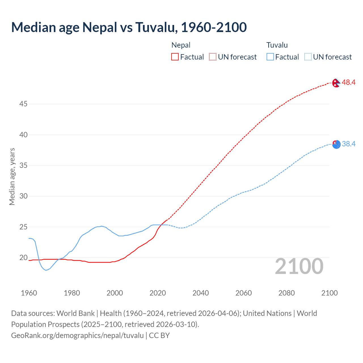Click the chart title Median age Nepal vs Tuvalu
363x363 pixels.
pos(129,28)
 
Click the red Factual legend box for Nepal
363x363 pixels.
pos(175,57)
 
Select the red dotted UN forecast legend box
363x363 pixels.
pos(213,57)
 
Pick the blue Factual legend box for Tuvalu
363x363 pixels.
pos(270,57)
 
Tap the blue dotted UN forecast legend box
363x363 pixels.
pos(308,57)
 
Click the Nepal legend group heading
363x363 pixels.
pos(181,45)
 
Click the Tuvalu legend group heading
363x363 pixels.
pos(277,45)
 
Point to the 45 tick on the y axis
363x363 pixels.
pos(23,104)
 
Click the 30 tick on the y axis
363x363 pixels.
pos(23,196)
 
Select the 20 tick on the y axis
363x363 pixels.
pos(23,258)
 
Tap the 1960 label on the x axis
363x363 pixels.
pos(29,293)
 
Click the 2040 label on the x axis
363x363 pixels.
pos(201,293)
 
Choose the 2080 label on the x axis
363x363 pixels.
pos(286,293)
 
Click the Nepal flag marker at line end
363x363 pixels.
pos(336,83)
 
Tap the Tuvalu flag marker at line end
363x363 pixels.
pos(336,145)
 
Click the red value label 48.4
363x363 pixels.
pos(349,83)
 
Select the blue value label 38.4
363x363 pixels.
pos(349,144)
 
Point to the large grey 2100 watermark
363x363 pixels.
pos(299,266)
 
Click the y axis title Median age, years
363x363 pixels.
pos(12,176)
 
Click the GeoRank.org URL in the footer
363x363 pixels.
pos(77,335)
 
